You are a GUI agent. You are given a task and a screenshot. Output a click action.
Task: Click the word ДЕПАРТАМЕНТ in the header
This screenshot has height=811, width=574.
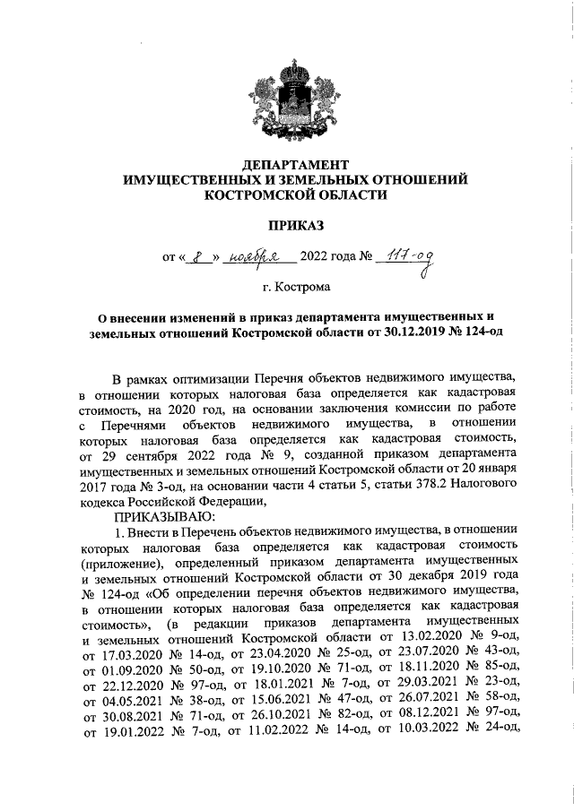(x=295, y=165)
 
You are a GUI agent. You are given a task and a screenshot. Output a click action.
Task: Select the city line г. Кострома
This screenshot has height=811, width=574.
(x=295, y=288)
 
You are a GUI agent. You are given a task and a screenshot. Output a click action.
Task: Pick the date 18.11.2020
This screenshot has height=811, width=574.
(x=424, y=670)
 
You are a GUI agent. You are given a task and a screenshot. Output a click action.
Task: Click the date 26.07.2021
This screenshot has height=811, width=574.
(x=424, y=703)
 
